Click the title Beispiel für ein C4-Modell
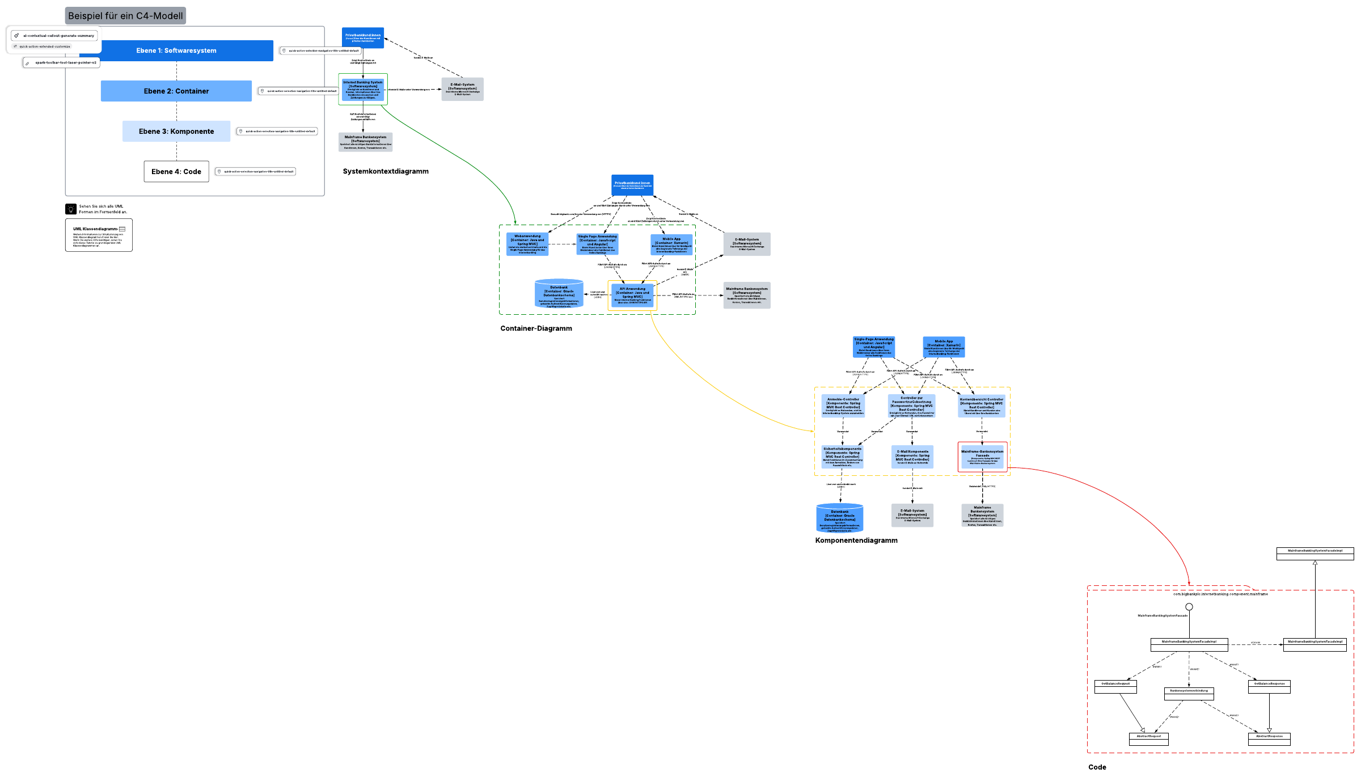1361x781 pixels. click(125, 16)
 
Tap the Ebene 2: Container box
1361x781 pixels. click(176, 91)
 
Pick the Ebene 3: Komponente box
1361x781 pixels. click(176, 131)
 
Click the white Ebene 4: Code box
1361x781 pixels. click(176, 171)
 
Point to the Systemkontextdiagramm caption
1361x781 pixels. click(386, 171)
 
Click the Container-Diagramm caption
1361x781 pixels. click(536, 328)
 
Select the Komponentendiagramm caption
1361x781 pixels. click(856, 541)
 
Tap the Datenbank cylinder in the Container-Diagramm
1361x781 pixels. click(559, 294)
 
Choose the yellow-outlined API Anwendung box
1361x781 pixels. click(632, 295)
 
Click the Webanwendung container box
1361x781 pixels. click(527, 244)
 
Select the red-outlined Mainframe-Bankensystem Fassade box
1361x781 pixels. click(983, 457)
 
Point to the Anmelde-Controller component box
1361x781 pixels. click(843, 406)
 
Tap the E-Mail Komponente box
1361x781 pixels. click(912, 457)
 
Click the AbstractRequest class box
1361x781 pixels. click(1149, 738)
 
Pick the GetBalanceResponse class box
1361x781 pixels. click(1269, 686)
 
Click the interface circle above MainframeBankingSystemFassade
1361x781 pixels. click(1189, 607)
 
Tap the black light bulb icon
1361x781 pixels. click(71, 209)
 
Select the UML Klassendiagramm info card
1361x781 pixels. click(99, 235)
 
